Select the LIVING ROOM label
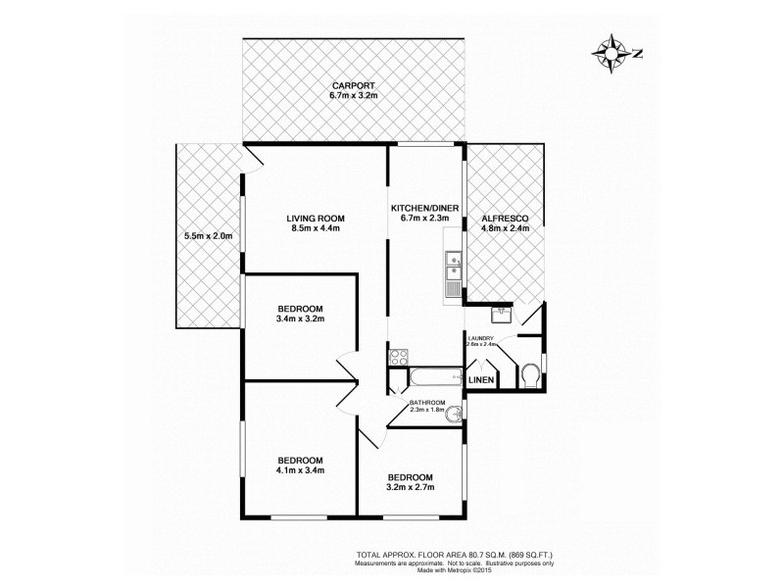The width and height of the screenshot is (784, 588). (x=315, y=218)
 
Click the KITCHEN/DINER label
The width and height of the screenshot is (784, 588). (x=425, y=208)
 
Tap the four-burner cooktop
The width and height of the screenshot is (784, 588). (x=398, y=358)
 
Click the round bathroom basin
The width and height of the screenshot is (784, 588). (x=453, y=416)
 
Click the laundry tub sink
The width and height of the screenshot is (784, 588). (x=502, y=315)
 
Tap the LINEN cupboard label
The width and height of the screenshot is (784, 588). (x=480, y=379)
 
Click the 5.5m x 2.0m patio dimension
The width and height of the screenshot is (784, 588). (x=209, y=236)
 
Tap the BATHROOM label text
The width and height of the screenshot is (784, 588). (x=428, y=403)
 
